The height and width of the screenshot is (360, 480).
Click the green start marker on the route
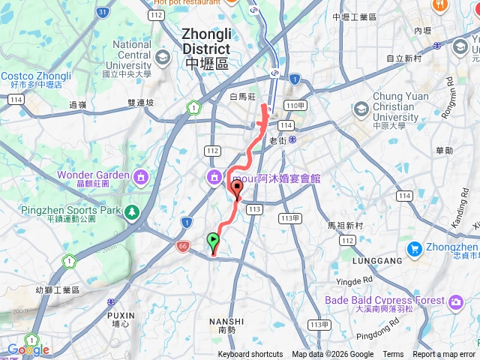213,241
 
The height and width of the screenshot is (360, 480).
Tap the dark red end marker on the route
237,188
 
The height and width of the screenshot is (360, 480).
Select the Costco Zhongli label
36,76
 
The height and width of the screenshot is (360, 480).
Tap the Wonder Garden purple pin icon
139,177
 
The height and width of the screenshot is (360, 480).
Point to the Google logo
28,349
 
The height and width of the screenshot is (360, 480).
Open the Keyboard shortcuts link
250,355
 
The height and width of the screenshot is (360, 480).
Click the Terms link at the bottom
393,355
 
